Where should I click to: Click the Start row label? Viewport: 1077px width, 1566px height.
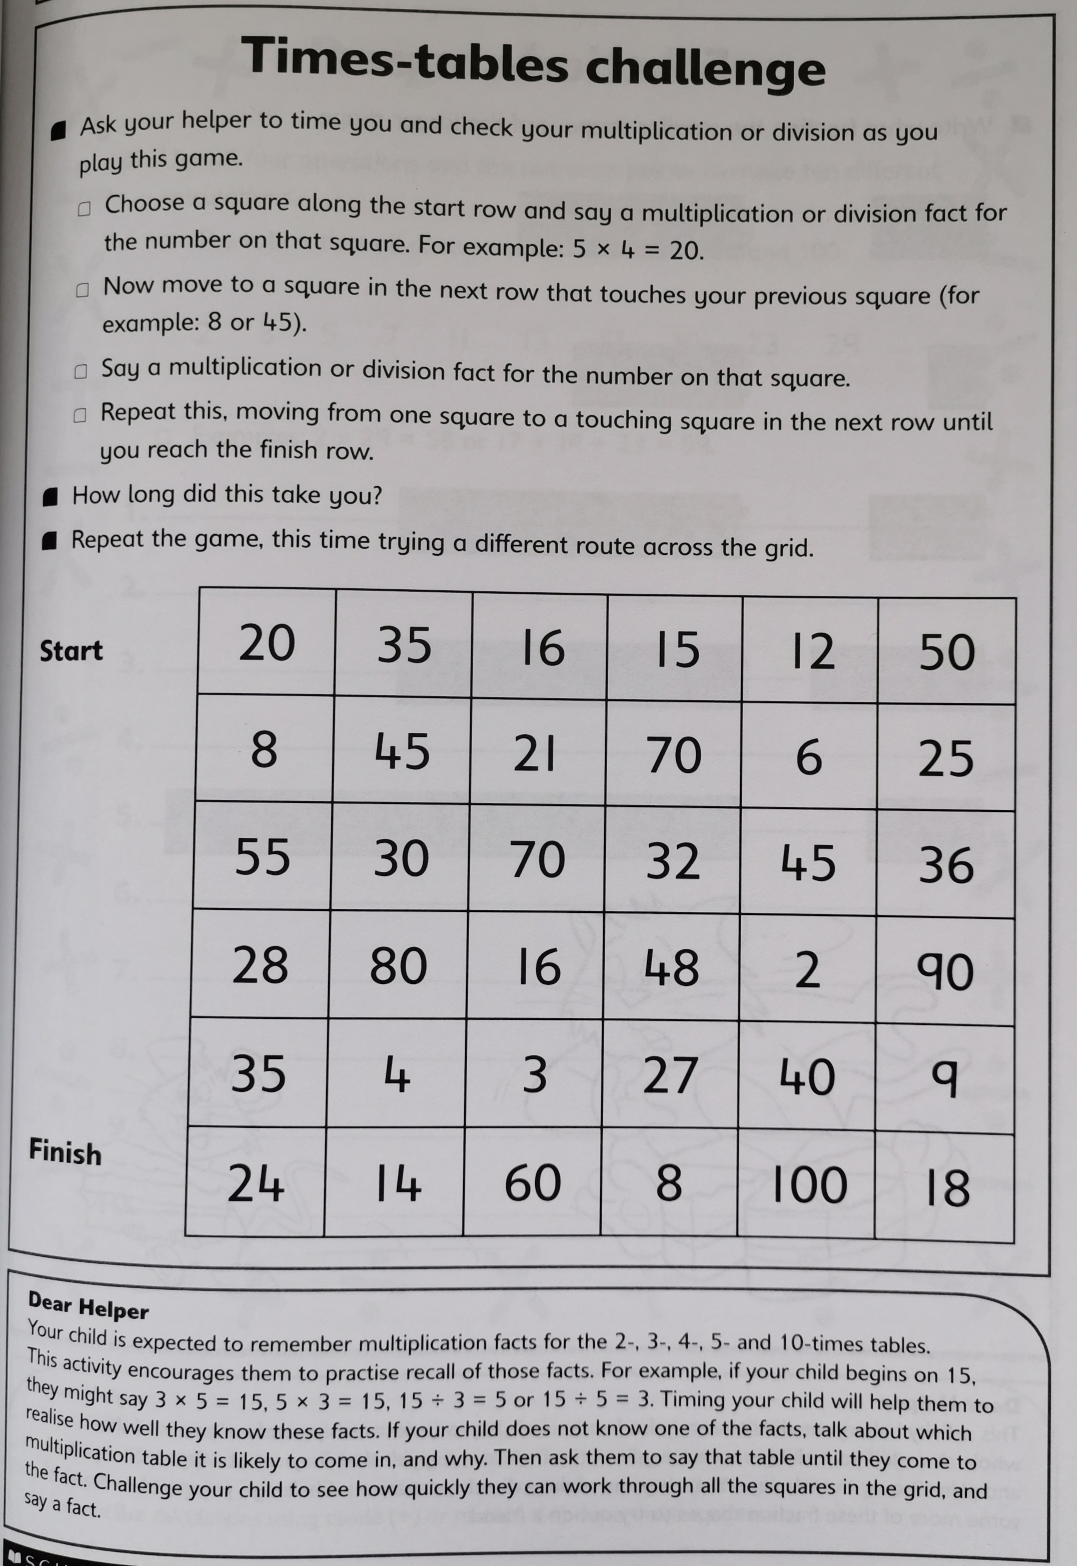click(x=71, y=651)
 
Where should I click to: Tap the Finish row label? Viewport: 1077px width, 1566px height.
click(x=65, y=1152)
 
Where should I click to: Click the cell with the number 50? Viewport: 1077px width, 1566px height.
click(x=947, y=652)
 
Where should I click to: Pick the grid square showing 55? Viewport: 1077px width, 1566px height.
click(x=262, y=856)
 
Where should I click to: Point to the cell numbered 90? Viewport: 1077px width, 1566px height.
click(x=944, y=972)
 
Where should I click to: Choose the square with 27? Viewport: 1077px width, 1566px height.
click(x=669, y=1075)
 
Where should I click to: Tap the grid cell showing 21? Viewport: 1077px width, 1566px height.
click(x=534, y=754)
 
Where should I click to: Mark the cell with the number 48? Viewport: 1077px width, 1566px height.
click(x=671, y=968)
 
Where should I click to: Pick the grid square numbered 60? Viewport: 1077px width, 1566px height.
click(x=532, y=1183)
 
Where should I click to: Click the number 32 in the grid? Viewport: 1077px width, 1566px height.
click(x=673, y=861)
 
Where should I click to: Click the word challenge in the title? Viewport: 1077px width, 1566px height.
click(x=704, y=69)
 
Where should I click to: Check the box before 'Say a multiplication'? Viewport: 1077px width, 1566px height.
click(x=81, y=372)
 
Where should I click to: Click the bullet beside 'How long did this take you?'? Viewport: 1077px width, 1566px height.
click(x=50, y=497)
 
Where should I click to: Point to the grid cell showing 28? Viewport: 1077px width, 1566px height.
click(x=260, y=964)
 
